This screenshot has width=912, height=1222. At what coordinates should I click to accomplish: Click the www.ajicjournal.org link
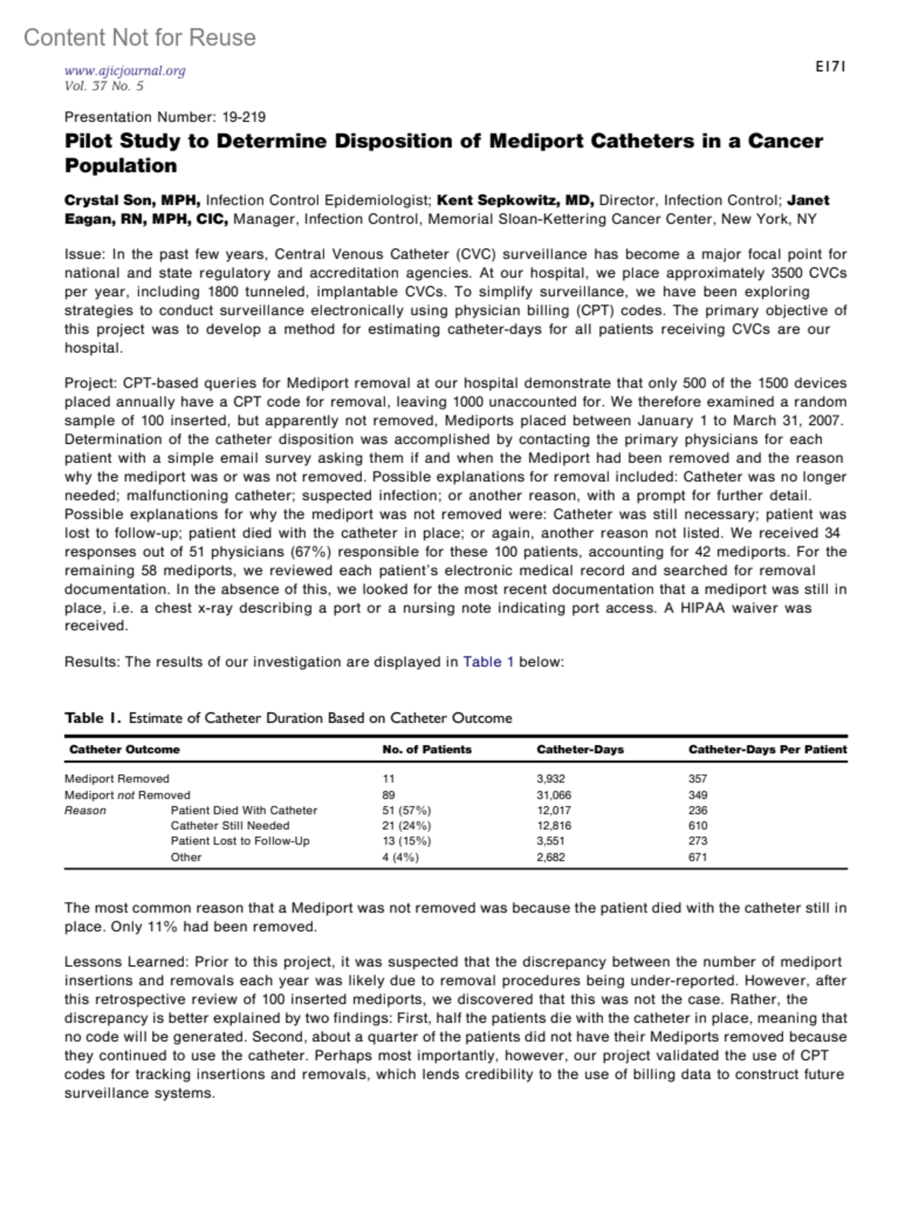point(125,71)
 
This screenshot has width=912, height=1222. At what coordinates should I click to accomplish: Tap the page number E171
point(831,67)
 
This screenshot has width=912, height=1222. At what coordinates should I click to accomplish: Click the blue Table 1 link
point(488,662)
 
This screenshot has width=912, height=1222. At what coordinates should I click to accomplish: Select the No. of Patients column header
point(426,750)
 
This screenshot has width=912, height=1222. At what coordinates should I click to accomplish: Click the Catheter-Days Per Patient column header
point(767,750)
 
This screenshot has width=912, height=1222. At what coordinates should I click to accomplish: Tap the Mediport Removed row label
point(117,779)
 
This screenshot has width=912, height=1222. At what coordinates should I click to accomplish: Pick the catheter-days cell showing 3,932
point(551,779)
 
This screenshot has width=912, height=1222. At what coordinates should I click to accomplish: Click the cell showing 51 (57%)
point(406,811)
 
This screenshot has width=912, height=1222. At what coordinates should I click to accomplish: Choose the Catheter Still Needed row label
point(230,826)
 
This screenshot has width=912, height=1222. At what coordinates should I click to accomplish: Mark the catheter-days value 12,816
point(554,826)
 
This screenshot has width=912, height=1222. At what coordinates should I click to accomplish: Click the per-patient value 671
point(698,857)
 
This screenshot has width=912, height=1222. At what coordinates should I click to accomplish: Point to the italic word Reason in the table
point(85,811)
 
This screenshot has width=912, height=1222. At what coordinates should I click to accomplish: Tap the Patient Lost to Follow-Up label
point(239,841)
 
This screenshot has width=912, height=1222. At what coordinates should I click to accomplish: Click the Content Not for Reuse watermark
point(140,37)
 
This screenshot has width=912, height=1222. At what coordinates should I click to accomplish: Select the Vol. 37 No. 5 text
point(104,86)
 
